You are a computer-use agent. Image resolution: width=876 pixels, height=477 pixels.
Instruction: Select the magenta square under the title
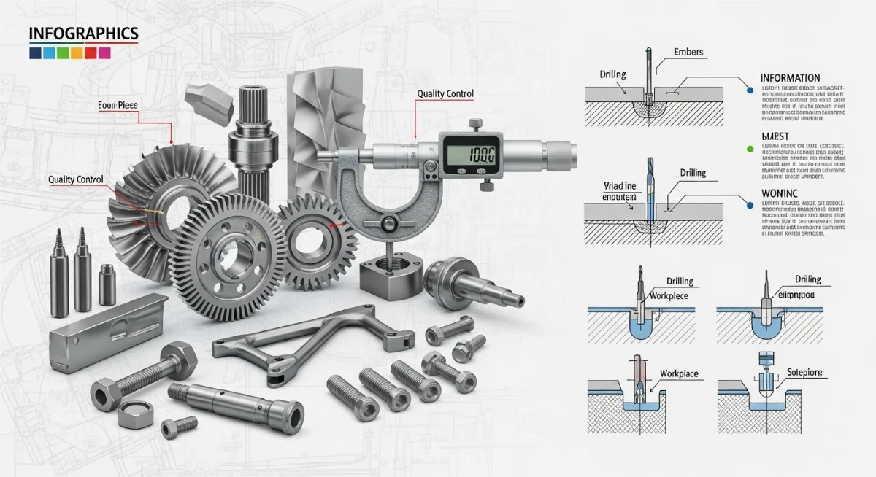[104, 53]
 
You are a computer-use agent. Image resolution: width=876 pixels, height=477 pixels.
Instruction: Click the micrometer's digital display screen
[469, 154]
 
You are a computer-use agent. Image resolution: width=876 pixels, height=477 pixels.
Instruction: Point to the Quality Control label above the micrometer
[445, 94]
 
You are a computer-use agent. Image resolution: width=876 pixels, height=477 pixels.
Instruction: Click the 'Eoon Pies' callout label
[118, 106]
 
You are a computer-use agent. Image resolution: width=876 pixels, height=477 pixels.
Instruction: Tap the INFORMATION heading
[790, 78]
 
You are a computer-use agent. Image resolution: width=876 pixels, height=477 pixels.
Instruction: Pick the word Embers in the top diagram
[689, 53]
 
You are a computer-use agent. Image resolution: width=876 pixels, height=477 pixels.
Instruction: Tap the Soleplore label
[804, 373]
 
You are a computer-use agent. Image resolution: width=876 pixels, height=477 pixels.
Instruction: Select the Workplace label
[678, 374]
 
